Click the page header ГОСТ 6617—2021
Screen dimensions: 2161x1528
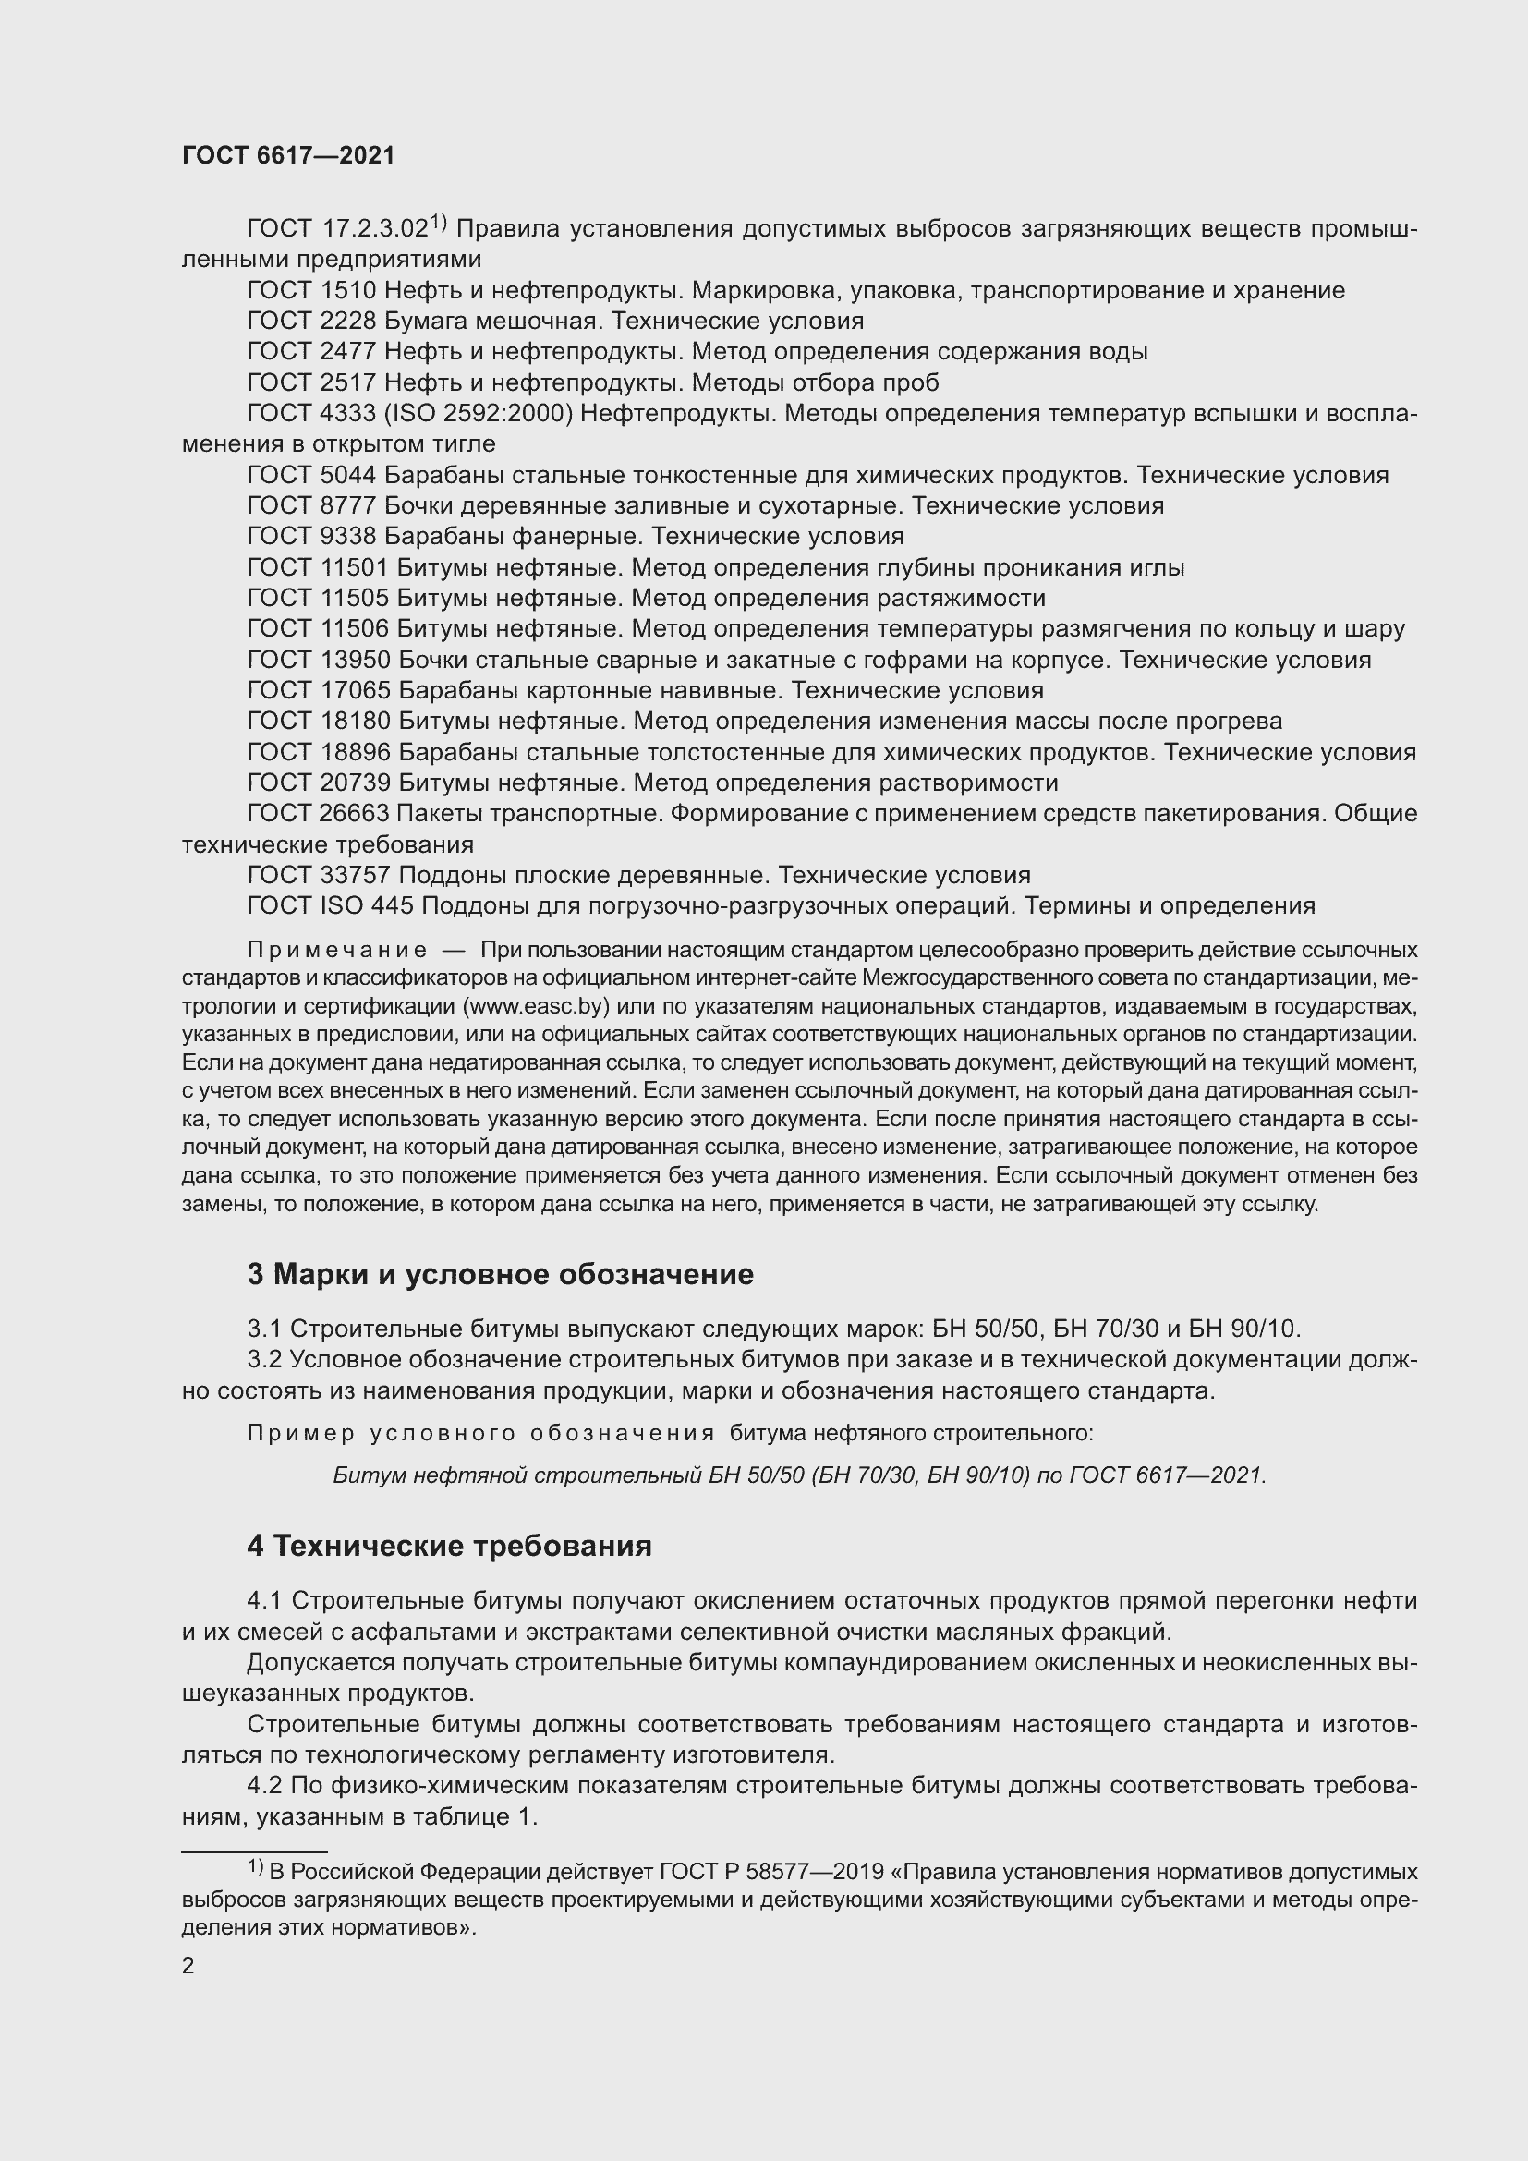(288, 155)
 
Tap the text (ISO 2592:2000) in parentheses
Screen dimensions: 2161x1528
(478, 413)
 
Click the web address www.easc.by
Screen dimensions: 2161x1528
(536, 1005)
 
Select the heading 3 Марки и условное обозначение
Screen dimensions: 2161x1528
(500, 1274)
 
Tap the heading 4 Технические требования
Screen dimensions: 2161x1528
(449, 1546)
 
